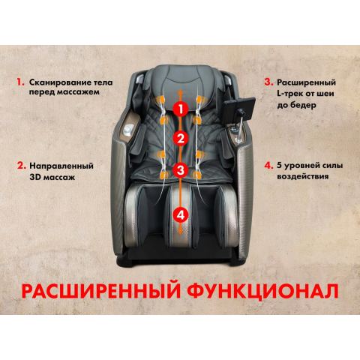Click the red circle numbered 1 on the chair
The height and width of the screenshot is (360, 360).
click(x=179, y=108)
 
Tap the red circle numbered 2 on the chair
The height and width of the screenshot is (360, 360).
click(x=179, y=138)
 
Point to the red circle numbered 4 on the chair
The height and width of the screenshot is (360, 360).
click(x=179, y=214)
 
